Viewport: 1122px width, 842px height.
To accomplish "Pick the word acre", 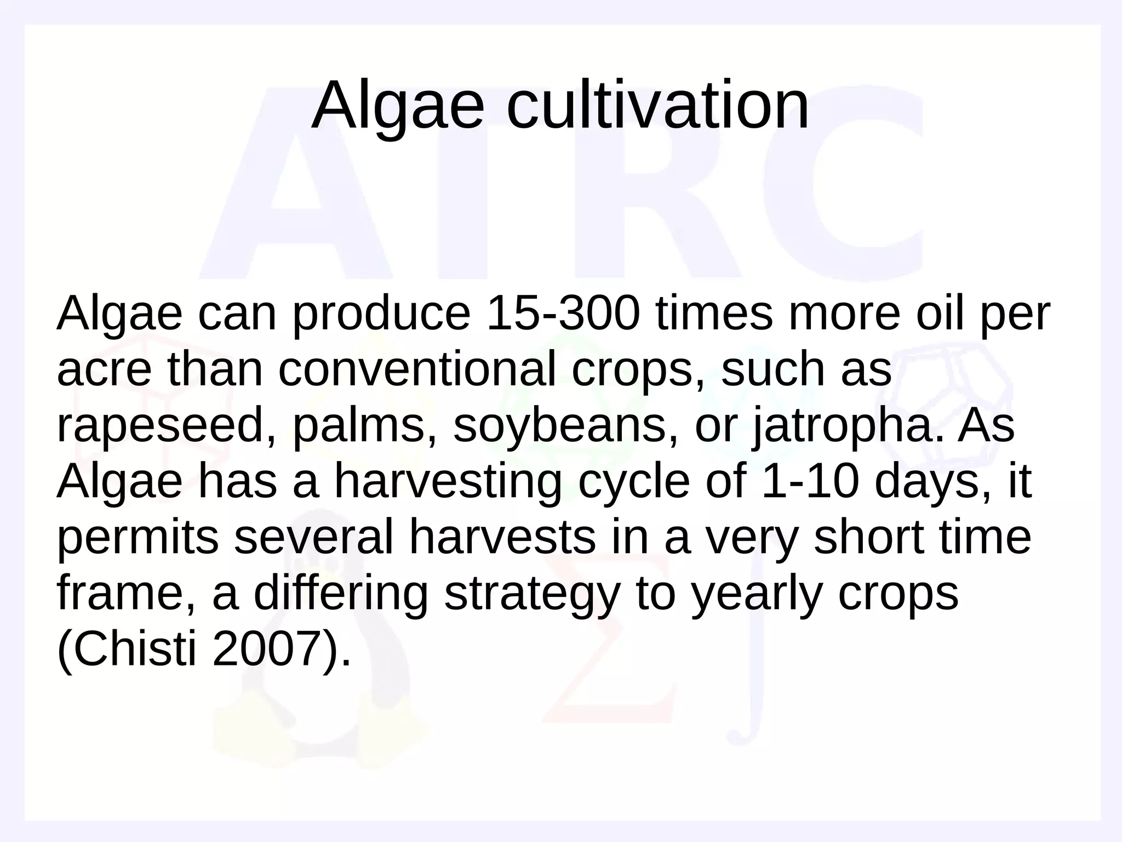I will pos(104,370).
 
